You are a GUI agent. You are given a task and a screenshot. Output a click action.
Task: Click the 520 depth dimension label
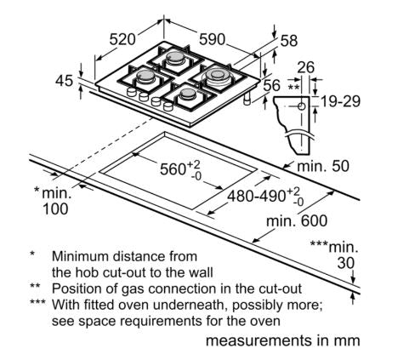(x=122, y=39)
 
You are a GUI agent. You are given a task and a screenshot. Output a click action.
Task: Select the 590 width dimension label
(x=212, y=39)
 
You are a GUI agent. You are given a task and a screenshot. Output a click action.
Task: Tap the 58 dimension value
(x=289, y=41)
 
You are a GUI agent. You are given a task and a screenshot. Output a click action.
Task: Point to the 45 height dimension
(x=64, y=81)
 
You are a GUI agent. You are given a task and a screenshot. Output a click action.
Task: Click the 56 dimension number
(x=272, y=85)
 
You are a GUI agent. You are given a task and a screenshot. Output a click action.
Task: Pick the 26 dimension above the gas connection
(x=306, y=67)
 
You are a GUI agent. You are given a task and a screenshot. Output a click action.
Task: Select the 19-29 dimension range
(x=340, y=101)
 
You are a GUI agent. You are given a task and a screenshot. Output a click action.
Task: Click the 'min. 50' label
(x=323, y=166)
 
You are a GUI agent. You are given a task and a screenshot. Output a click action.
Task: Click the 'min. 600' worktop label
(x=297, y=220)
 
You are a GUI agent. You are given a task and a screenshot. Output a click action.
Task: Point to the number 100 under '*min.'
(x=55, y=209)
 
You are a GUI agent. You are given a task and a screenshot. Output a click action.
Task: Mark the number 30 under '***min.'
(x=346, y=263)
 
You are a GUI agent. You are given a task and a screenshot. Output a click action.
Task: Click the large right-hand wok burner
(x=218, y=76)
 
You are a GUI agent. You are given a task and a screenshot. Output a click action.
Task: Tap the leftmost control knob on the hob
(x=132, y=91)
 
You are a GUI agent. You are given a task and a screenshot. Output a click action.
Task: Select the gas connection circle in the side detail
(x=302, y=106)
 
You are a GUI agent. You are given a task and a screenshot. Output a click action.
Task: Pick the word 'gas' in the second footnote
(x=133, y=289)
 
